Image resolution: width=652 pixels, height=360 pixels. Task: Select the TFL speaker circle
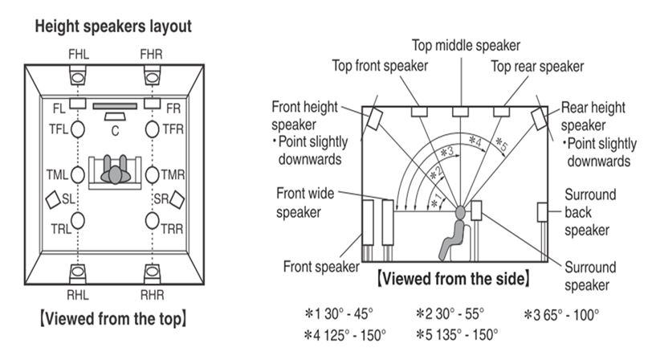click(x=78, y=129)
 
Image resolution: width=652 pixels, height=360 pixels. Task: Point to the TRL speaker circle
click(x=78, y=219)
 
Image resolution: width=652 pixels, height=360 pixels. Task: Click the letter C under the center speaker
click(x=115, y=130)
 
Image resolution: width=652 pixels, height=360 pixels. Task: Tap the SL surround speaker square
click(x=53, y=197)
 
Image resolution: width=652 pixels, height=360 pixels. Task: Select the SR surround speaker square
click(x=177, y=197)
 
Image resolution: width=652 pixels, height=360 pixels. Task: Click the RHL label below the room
click(x=78, y=293)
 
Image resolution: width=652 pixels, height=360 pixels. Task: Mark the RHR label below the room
click(x=153, y=293)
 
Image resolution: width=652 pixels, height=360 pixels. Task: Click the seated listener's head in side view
click(x=460, y=213)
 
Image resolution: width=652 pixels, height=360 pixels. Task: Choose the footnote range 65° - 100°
click(x=573, y=313)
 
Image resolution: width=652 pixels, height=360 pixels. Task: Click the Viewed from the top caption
click(x=113, y=319)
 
